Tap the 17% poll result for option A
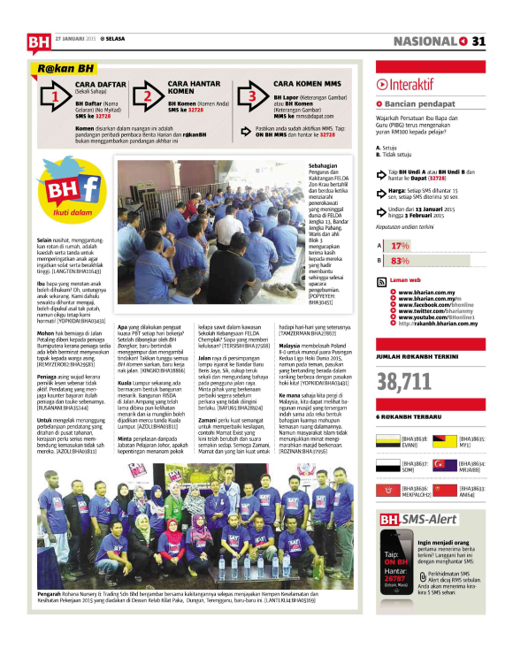pyautogui.click(x=400, y=245)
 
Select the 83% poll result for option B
pyautogui.click(x=400, y=261)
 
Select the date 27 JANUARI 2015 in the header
pyautogui.click(x=75, y=39)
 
